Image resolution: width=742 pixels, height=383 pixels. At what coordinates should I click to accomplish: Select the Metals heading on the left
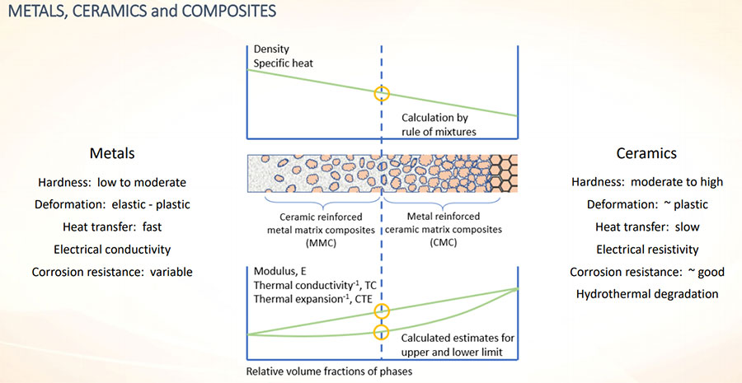click(112, 153)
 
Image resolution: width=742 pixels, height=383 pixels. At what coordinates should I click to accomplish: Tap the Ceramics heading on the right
click(647, 153)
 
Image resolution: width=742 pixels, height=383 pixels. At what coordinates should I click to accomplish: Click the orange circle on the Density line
click(381, 93)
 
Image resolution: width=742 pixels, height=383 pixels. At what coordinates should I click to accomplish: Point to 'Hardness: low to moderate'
click(112, 182)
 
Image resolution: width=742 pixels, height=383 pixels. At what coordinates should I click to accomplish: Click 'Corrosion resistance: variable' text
click(112, 271)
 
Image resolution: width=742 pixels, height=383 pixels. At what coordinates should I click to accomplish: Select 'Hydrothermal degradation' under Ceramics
click(647, 293)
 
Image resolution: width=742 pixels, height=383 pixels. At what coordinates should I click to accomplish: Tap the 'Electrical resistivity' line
click(647, 249)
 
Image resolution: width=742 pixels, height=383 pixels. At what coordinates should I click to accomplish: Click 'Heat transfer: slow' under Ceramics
click(647, 227)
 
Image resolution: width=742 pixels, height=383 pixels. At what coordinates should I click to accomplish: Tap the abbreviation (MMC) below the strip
click(314, 243)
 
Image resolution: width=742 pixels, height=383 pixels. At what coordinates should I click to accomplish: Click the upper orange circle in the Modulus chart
click(381, 311)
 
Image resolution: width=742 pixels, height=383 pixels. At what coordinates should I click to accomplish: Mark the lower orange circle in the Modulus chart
click(381, 332)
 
